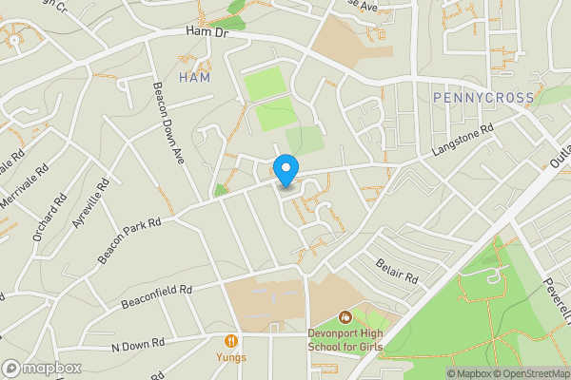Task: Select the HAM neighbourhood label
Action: [x=194, y=78]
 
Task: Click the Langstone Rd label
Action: [x=463, y=141]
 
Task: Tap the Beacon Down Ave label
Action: [x=167, y=123]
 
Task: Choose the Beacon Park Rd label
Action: [x=129, y=234]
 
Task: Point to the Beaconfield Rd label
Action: [x=156, y=296]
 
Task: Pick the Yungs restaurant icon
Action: [x=230, y=340]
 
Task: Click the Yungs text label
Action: [x=230, y=357]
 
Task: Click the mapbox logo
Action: [x=41, y=368]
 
